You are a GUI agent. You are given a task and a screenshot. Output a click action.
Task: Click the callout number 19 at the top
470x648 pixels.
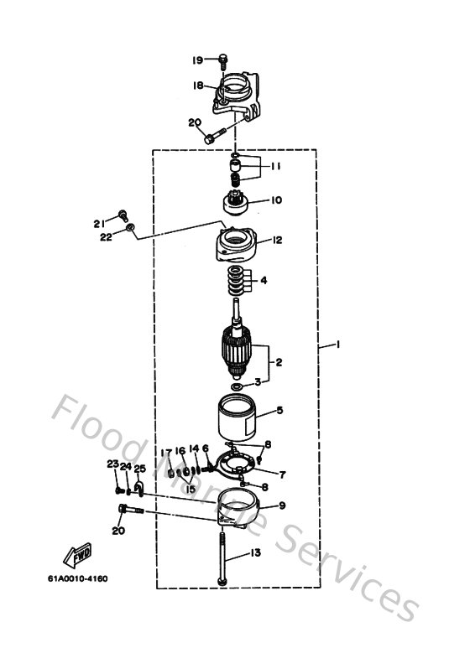pyautogui.click(x=197, y=60)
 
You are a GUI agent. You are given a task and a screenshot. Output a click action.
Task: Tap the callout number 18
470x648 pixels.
pyautogui.click(x=197, y=86)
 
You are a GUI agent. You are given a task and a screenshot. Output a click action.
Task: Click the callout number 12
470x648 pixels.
pyautogui.click(x=276, y=240)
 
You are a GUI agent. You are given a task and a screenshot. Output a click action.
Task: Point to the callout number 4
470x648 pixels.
pyautogui.click(x=263, y=281)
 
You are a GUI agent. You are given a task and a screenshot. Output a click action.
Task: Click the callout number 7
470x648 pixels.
pyautogui.click(x=281, y=474)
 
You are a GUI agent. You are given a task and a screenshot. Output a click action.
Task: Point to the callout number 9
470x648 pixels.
pyautogui.click(x=282, y=505)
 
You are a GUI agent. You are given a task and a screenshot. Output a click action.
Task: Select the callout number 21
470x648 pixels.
pyautogui.click(x=99, y=223)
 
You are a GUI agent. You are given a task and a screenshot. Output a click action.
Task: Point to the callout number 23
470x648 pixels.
pyautogui.click(x=112, y=464)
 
